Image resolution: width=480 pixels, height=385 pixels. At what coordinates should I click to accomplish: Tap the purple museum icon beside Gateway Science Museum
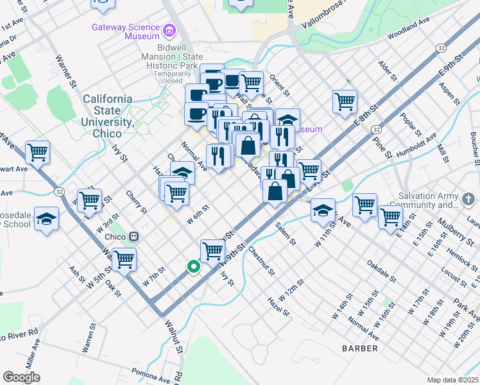169,30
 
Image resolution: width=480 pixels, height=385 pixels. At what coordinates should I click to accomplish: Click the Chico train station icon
133,235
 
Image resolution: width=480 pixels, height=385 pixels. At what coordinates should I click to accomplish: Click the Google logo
21,377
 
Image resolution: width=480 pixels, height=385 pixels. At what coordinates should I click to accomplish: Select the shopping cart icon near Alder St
345,100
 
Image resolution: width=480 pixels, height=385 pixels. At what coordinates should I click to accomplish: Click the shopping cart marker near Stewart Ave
37,153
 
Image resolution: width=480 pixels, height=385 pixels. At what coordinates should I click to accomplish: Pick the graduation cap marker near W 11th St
323,210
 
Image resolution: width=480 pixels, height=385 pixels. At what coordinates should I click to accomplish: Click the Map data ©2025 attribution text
452,380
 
